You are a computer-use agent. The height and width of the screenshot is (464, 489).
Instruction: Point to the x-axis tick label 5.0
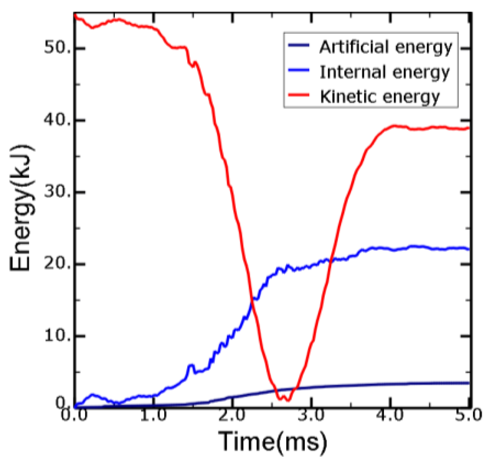point(469,415)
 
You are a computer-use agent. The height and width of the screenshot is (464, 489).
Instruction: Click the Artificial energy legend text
point(386,48)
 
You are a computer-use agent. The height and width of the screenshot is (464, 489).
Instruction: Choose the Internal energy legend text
point(384,72)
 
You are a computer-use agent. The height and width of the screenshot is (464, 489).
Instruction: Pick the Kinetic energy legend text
point(380,97)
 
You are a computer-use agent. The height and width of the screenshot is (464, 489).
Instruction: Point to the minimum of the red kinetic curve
point(287,400)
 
